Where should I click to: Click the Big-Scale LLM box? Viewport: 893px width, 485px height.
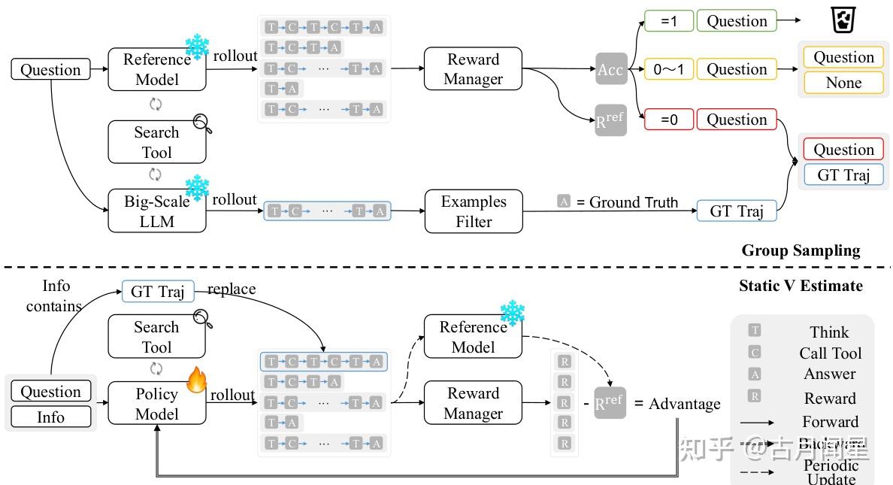pos(156,211)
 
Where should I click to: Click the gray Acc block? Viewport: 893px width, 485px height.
pos(610,69)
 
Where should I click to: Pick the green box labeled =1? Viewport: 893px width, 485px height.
pos(668,21)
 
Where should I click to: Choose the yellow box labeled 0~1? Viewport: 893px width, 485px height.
pos(668,69)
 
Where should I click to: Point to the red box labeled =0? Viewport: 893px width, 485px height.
pos(668,120)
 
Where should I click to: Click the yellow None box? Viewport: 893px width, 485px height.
pos(843,83)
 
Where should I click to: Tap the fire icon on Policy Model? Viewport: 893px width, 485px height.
pos(196,380)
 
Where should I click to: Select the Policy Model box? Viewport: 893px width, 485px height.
pos(156,404)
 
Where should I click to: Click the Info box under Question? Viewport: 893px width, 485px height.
pos(50,417)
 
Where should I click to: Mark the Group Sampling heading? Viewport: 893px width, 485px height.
pos(801,250)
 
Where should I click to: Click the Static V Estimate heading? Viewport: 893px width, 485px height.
pos(801,285)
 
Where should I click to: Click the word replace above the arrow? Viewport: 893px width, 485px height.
pos(232,289)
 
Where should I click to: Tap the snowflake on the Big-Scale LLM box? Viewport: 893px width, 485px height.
pos(197,187)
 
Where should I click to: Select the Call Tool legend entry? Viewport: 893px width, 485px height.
pos(830,353)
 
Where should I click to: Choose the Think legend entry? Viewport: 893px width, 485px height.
pos(829,332)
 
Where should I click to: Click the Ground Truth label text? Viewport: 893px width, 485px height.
pos(634,202)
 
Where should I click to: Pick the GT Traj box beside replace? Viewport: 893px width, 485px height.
pos(157,291)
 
